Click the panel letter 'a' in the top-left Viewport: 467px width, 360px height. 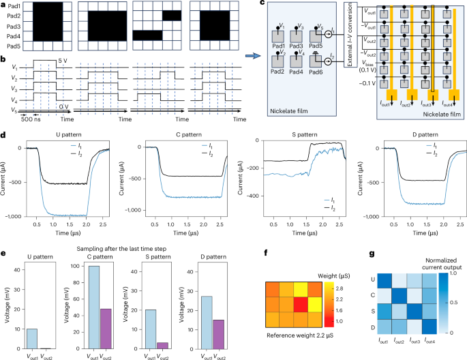tap(4, 5)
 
